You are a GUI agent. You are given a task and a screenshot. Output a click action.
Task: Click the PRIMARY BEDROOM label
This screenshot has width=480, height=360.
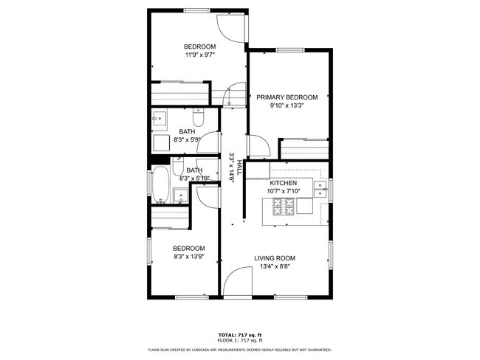(287, 97)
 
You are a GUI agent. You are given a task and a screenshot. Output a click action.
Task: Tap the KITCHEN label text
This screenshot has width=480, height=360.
(283, 183)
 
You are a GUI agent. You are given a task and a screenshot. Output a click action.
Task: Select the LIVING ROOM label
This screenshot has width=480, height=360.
(275, 258)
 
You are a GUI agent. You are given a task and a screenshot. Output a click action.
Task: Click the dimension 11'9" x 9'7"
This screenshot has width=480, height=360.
(200, 55)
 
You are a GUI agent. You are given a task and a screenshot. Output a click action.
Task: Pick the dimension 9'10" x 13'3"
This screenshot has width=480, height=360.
(287, 105)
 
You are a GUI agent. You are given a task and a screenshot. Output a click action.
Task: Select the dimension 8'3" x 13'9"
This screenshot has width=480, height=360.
(188, 257)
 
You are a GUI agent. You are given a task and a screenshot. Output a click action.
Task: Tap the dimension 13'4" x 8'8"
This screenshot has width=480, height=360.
(275, 266)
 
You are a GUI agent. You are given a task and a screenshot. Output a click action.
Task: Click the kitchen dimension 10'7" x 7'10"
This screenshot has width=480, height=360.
(283, 191)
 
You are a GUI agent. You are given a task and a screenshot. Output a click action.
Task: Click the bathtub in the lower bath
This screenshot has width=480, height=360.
(160, 184)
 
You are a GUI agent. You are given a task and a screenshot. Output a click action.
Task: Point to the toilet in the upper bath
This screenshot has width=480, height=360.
(197, 118)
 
